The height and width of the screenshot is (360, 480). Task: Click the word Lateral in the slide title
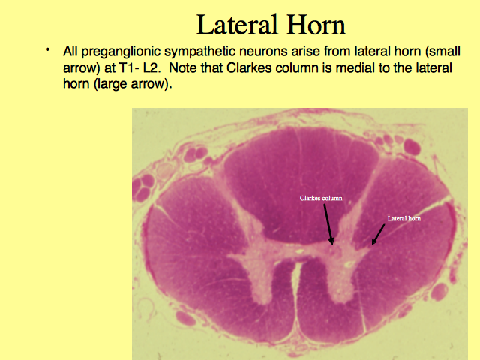pyautogui.click(x=237, y=25)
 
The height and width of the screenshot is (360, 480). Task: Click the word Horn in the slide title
pyautogui.click(x=316, y=25)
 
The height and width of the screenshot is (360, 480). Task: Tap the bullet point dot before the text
pyautogui.click(x=47, y=49)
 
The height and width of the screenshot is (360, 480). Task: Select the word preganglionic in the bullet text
pyautogui.click(x=121, y=52)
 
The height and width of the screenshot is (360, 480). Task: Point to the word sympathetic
pyautogui.click(x=200, y=52)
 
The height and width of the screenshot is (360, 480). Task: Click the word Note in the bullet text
pyautogui.click(x=183, y=67)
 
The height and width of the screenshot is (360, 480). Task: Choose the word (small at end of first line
pyautogui.click(x=442, y=52)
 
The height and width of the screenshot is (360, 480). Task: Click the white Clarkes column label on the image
pyautogui.click(x=321, y=198)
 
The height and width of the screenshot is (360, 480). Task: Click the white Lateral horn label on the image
pyautogui.click(x=404, y=218)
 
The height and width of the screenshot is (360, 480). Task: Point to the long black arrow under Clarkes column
pyautogui.click(x=328, y=224)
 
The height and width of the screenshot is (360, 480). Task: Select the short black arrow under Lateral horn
pyautogui.click(x=378, y=235)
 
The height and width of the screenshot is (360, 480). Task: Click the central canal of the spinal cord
pyautogui.click(x=300, y=252)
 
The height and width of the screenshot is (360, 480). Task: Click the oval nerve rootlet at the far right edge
pyautogui.click(x=439, y=291)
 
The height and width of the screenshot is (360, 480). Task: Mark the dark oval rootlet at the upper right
pyautogui.click(x=412, y=147)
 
